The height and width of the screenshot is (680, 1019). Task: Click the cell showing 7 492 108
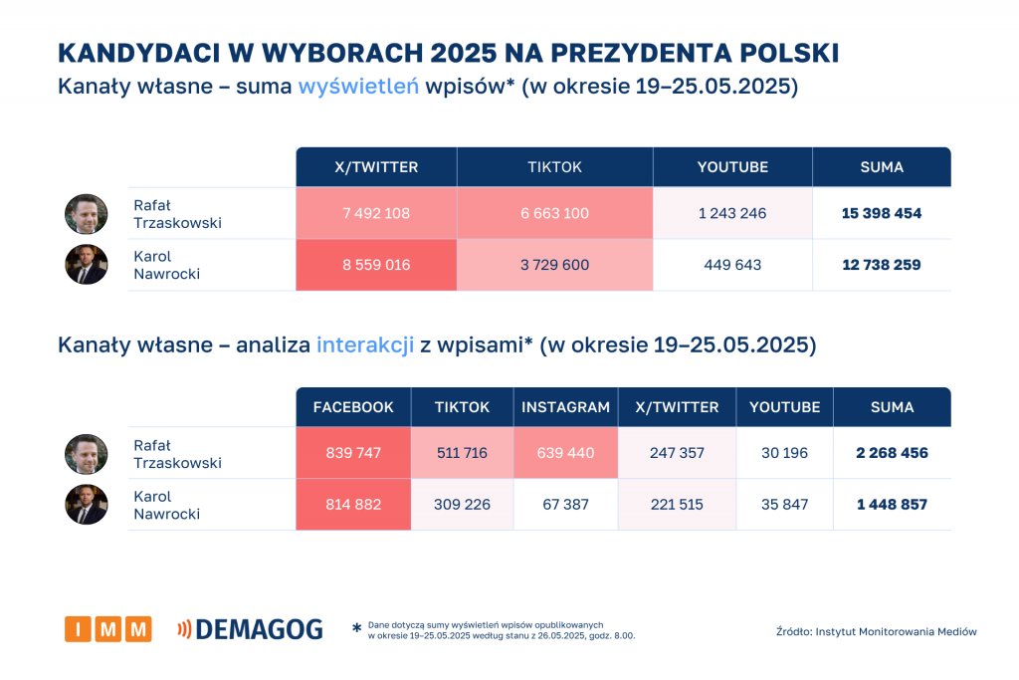click(x=376, y=213)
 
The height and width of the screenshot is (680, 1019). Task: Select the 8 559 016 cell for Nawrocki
click(x=376, y=265)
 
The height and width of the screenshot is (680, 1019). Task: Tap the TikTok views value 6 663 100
click(x=554, y=213)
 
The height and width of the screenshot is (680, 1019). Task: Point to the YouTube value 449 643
click(x=732, y=265)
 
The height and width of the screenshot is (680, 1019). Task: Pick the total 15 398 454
click(x=881, y=213)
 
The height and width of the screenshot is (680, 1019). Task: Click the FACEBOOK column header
click(x=353, y=407)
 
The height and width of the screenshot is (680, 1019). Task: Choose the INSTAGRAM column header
click(x=565, y=407)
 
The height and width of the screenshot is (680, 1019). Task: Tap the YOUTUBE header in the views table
click(x=732, y=167)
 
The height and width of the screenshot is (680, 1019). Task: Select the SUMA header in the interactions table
click(x=892, y=407)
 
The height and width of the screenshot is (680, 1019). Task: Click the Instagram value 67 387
click(x=565, y=505)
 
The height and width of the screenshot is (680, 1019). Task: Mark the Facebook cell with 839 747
click(x=353, y=453)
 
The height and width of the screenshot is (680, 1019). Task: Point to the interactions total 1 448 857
click(x=892, y=505)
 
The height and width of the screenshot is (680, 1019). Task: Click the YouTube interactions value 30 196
click(x=784, y=453)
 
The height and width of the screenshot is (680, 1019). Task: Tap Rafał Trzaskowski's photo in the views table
click(x=87, y=214)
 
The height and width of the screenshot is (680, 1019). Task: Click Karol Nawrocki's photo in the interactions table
click(x=87, y=504)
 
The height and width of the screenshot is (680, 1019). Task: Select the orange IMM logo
click(x=108, y=629)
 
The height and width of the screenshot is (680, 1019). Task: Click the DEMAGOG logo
click(x=250, y=629)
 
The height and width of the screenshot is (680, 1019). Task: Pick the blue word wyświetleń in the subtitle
click(x=358, y=87)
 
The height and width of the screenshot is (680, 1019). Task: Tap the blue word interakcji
click(x=365, y=345)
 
